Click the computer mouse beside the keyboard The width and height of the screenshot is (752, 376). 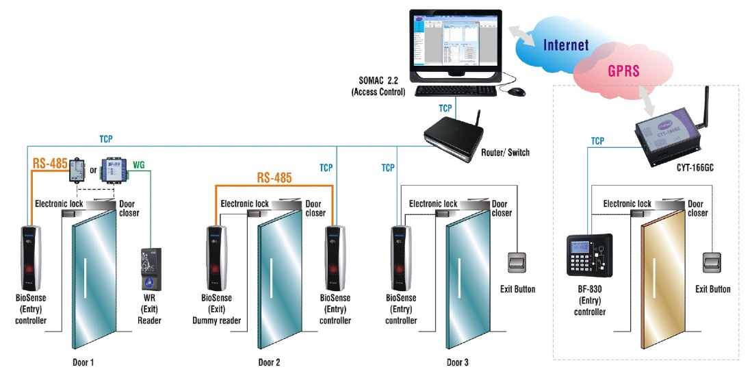click(x=517, y=91)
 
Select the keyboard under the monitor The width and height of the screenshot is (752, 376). click(x=456, y=90)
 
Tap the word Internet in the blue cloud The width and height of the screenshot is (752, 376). click(x=566, y=46)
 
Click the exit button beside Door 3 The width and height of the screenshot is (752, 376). click(x=517, y=263)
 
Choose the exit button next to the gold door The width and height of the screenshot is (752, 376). click(x=712, y=263)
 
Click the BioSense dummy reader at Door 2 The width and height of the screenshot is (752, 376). click(x=216, y=255)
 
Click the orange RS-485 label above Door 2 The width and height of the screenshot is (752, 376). click(x=274, y=178)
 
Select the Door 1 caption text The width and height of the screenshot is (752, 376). click(x=86, y=362)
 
